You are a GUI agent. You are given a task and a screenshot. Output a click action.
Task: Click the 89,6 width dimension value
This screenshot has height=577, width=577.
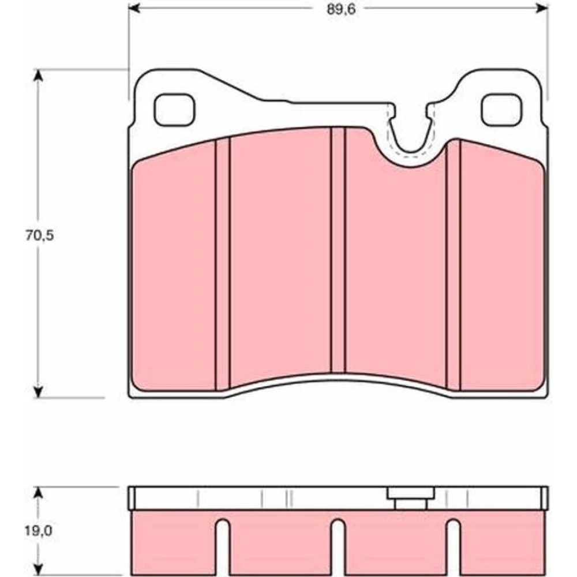[x=341, y=10]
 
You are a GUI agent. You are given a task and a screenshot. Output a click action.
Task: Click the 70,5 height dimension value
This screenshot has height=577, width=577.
[x=39, y=235]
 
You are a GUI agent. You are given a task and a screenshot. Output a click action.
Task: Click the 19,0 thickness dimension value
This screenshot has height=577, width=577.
[x=39, y=531]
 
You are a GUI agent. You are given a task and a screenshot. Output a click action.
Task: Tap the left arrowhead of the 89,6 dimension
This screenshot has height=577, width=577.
[x=134, y=8]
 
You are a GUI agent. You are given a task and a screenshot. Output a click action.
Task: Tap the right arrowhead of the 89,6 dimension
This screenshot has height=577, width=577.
[x=542, y=8]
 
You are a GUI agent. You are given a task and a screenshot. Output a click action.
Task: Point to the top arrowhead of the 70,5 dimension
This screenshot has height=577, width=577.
[x=38, y=76]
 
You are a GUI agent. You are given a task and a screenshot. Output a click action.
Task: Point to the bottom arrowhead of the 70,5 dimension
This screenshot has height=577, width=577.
[x=38, y=392]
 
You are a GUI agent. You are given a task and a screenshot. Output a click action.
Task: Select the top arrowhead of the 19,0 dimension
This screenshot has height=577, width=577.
[x=38, y=493]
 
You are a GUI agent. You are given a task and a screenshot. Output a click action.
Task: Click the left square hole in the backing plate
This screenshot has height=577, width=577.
[x=174, y=110]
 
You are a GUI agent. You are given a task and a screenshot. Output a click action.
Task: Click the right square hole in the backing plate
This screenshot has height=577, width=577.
[x=501, y=110]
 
